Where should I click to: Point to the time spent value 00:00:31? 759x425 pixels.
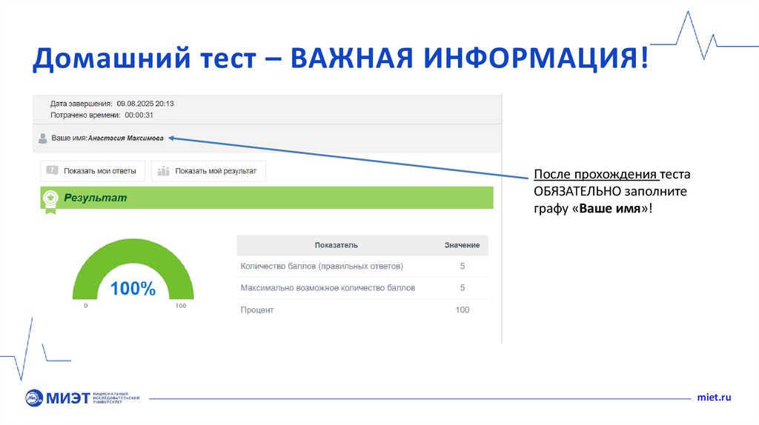point(139,116)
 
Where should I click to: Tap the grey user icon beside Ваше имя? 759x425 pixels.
point(43,138)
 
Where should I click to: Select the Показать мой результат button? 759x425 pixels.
point(208,171)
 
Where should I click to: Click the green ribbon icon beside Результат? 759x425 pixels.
point(50,198)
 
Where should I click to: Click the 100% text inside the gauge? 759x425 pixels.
point(133,289)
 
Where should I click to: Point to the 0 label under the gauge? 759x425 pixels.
point(85,306)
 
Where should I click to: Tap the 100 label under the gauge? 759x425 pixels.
point(181,306)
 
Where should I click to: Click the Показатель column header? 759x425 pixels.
point(336,244)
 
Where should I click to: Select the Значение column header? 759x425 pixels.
point(462,244)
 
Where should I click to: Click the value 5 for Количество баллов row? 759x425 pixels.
point(463,266)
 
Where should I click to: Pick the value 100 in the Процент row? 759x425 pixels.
point(463,309)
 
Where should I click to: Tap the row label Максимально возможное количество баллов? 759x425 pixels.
point(328,287)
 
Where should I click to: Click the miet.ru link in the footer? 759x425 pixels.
point(715,398)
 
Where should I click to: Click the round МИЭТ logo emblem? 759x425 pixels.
point(35,398)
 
